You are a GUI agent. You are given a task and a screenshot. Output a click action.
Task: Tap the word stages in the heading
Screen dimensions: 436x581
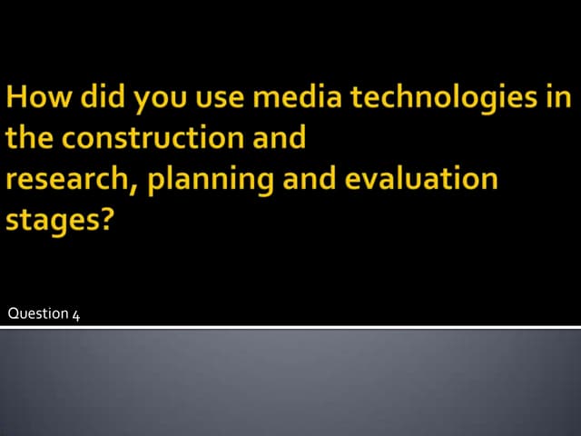(51, 220)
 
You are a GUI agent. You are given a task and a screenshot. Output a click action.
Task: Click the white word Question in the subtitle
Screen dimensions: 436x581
(37, 314)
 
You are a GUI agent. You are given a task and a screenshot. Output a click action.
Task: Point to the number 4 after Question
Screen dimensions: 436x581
(76, 315)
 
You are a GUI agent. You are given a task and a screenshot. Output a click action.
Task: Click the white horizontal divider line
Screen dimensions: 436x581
(290, 326)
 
